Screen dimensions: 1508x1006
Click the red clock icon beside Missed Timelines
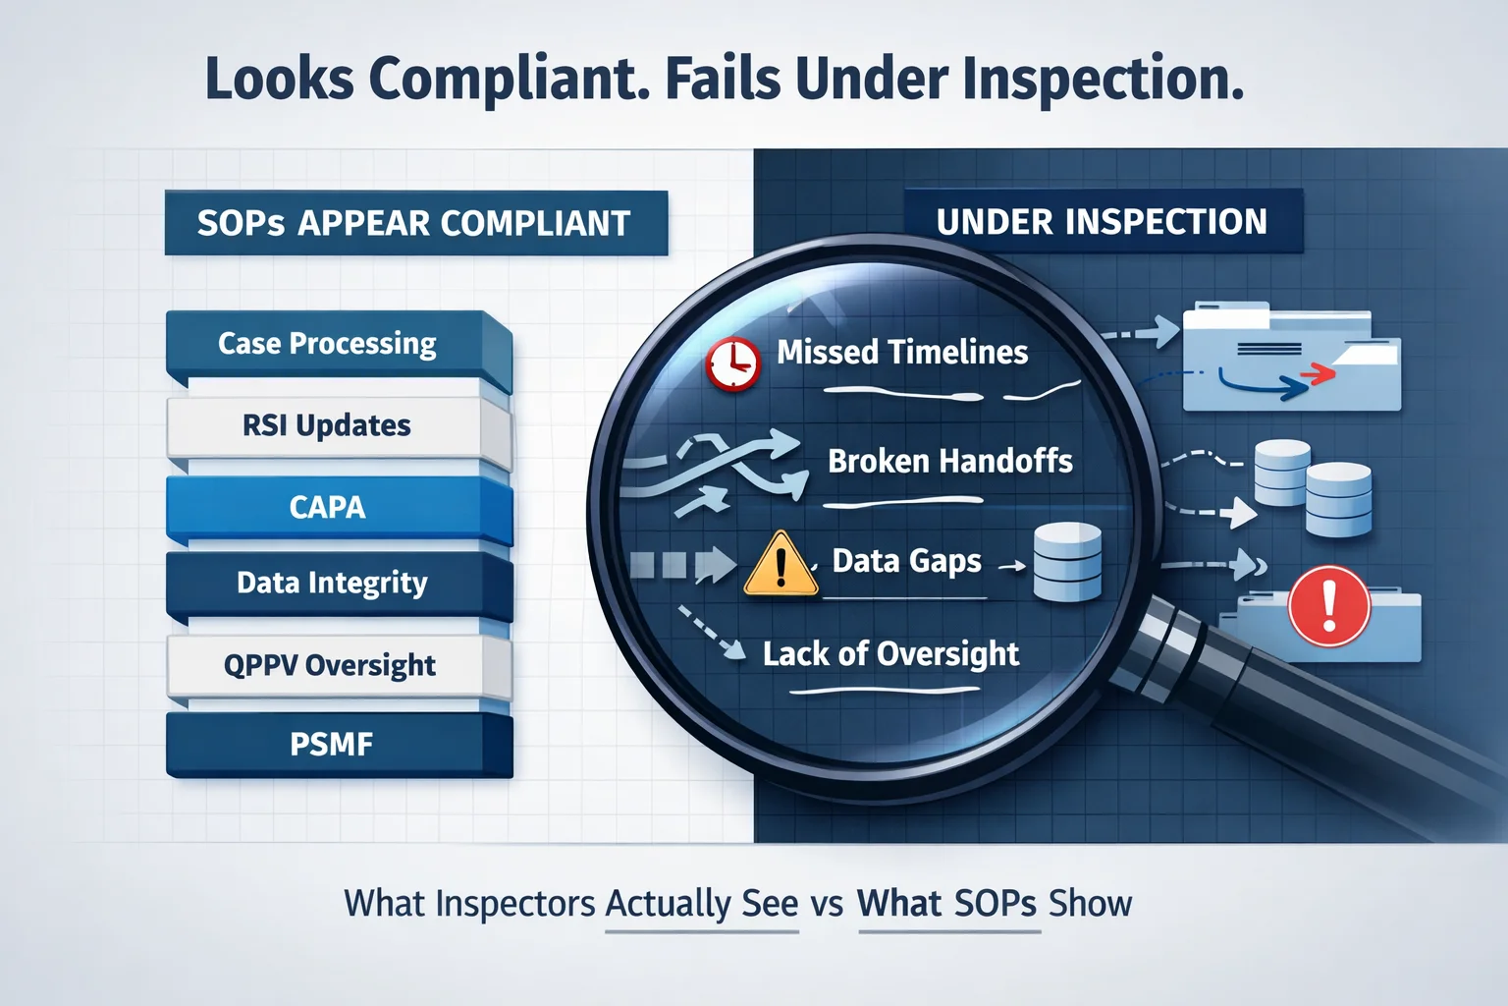pyautogui.click(x=733, y=363)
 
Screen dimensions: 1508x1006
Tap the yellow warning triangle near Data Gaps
pyautogui.click(x=781, y=565)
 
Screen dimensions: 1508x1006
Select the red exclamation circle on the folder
pyautogui.click(x=1329, y=606)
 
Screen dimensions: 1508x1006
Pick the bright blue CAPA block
pyautogui.click(x=339, y=509)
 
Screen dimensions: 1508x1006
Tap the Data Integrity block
pyautogui.click(x=339, y=585)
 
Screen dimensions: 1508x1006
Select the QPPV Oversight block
pyautogui.click(x=339, y=666)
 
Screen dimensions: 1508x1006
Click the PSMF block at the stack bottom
pyautogui.click(x=339, y=746)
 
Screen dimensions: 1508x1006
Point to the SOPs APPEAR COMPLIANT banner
pyautogui.click(x=416, y=223)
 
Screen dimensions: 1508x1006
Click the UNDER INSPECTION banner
pyautogui.click(x=1103, y=221)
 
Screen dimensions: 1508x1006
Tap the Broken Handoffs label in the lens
pyautogui.click(x=950, y=462)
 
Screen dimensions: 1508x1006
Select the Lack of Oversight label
pyautogui.click(x=890, y=654)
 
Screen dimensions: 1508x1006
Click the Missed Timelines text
pyautogui.click(x=902, y=353)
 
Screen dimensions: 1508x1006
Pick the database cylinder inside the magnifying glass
pyautogui.click(x=1067, y=562)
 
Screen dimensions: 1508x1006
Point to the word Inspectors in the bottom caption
pyautogui.click(x=515, y=904)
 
